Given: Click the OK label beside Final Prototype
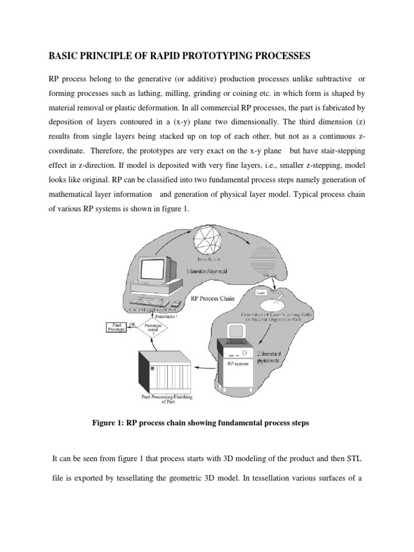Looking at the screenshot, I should pos(132,322).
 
